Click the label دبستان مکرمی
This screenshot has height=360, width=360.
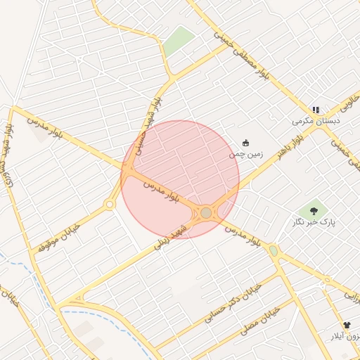[316, 121]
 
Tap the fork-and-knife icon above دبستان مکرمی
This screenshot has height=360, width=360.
[316, 110]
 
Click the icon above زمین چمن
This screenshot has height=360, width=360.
[245, 143]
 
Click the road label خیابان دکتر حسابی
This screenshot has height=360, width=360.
[232, 303]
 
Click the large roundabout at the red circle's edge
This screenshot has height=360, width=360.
[206, 212]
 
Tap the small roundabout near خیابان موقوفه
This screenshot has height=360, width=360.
[110, 205]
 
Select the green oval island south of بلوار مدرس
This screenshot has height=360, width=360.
[274, 251]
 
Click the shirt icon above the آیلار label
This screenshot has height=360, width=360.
[346, 325]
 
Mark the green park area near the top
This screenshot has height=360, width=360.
[179, 41]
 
